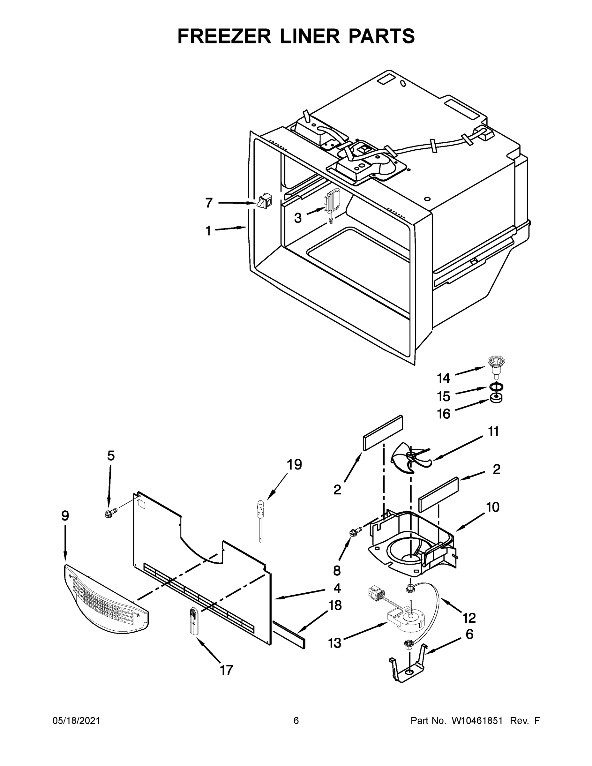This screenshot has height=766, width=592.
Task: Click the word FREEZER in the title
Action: tap(224, 36)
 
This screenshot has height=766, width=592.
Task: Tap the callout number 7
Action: tap(209, 203)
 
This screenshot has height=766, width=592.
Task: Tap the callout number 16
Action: tap(444, 414)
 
